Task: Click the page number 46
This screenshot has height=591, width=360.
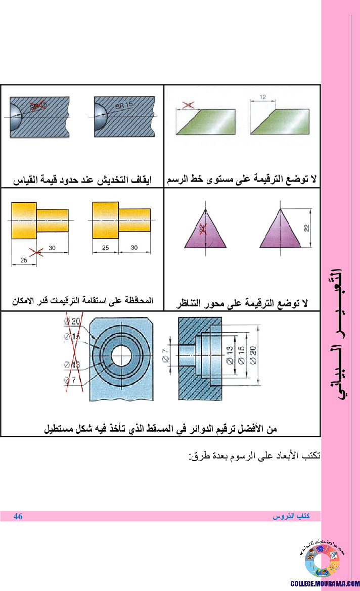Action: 18,516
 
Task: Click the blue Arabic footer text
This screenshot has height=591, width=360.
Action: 291,516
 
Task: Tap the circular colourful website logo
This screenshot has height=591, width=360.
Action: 322,561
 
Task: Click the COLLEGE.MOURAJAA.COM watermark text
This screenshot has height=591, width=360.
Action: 325,583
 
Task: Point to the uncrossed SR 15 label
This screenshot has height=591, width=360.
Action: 124,105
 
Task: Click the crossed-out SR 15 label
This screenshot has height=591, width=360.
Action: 38,105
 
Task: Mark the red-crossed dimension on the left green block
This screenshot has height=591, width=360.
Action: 188,105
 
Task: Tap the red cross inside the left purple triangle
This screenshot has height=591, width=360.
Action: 203,229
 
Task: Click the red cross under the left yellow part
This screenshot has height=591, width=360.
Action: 36,251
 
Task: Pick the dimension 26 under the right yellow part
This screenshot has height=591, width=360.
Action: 105,248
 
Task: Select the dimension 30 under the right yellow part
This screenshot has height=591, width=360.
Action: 134,248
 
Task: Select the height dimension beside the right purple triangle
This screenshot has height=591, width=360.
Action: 306,228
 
